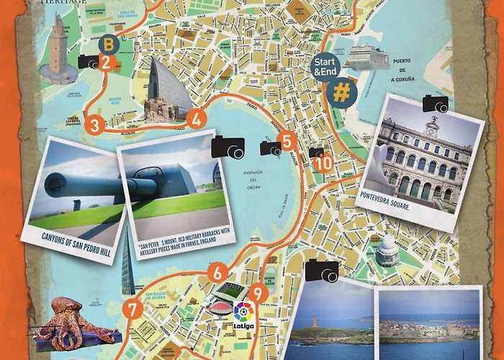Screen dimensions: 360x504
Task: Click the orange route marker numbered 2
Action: tap(106, 62)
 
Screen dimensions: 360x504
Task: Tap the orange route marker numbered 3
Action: tap(94, 124)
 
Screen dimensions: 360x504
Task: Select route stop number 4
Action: tap(197, 120)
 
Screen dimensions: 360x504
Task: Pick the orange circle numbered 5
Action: tap(287, 142)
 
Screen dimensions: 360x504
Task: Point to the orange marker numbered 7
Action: tap(132, 309)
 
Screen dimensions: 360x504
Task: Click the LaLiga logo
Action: tap(243, 315)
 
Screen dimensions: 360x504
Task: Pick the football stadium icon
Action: tap(230, 295)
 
